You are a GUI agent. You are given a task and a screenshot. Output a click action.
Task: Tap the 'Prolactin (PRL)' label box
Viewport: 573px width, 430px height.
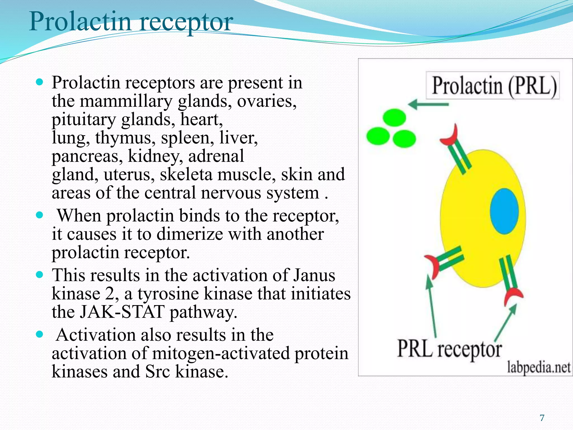tap(493, 85)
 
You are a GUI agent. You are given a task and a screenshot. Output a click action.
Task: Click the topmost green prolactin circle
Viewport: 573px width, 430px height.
tap(394, 118)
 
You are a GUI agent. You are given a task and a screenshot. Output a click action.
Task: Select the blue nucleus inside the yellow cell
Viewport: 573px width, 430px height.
tap(504, 211)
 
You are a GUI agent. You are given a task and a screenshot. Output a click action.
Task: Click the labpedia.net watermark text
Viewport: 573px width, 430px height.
tap(539, 367)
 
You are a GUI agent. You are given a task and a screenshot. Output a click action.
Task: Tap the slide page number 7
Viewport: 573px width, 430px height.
tap(542, 418)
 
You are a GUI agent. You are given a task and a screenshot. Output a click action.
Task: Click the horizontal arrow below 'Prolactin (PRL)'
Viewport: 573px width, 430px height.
tap(428, 104)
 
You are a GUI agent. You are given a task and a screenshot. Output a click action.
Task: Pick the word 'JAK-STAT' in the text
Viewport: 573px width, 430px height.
tap(122, 312)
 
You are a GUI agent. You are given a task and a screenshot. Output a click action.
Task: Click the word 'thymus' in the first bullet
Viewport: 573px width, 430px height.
tap(125, 138)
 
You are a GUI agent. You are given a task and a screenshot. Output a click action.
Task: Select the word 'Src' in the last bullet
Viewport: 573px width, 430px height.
tap(157, 372)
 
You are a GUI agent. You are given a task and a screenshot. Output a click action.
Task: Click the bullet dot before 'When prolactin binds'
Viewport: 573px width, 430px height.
tap(40, 215)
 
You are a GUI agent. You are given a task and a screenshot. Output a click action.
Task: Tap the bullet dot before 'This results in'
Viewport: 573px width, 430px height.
tap(40, 275)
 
